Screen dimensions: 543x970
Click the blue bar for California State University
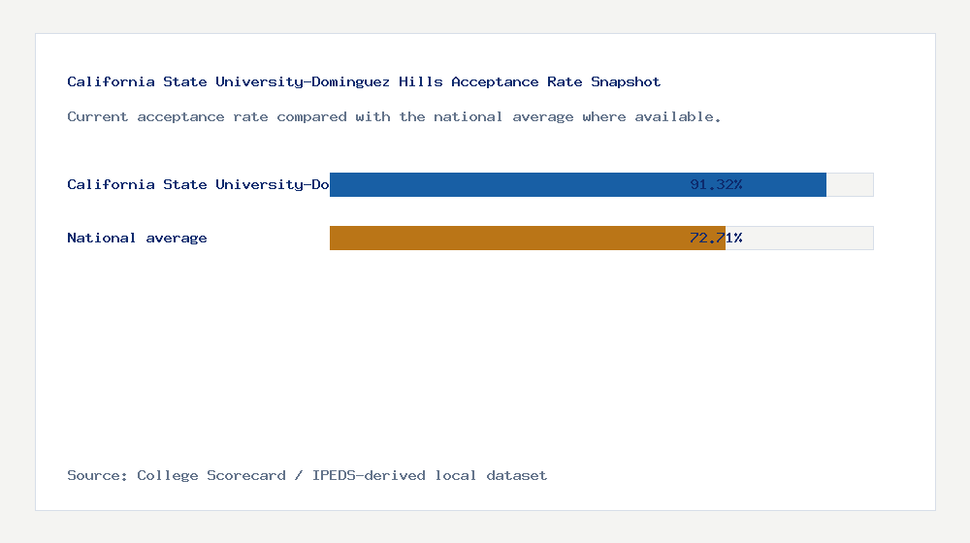[x=504, y=184]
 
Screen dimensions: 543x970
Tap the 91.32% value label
[x=716, y=184]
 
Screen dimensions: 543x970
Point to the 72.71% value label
[x=716, y=238]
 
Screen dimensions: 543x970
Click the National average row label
[x=137, y=238]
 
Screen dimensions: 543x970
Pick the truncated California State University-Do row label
[x=198, y=184]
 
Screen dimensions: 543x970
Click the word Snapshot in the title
[x=626, y=82]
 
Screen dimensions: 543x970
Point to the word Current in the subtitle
[x=97, y=116]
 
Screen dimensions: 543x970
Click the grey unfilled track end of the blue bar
[x=850, y=184]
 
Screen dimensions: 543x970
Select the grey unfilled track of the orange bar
[x=799, y=238]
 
